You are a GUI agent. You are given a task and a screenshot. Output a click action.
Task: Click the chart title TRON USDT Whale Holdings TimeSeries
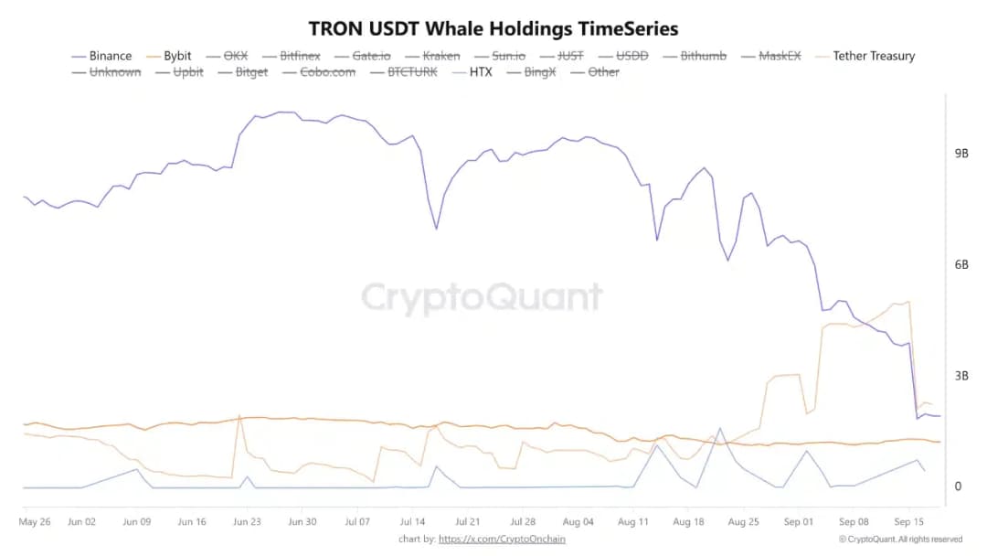[493, 28]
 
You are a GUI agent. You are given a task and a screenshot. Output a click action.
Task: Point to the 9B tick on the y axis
[960, 153]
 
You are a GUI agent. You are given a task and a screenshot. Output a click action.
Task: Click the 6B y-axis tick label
[960, 264]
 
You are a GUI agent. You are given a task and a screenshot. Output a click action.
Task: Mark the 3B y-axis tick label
[960, 375]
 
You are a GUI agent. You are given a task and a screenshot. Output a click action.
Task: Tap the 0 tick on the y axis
[958, 486]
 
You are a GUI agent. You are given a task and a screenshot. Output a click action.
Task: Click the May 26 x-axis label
[34, 522]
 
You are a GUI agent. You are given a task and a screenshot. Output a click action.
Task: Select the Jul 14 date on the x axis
[411, 522]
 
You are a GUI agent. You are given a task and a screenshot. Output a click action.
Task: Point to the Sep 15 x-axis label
[908, 522]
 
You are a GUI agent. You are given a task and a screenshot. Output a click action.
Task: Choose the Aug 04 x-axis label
[578, 522]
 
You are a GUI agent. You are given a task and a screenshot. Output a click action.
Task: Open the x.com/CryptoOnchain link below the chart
[502, 540]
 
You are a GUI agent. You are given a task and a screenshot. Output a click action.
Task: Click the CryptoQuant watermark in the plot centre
[483, 298]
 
